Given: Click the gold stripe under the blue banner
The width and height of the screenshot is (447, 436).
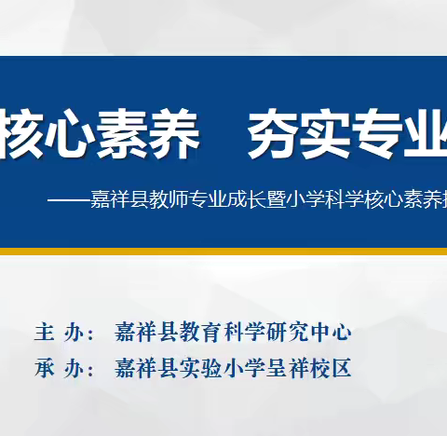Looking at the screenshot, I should pyautogui.click(x=223, y=251).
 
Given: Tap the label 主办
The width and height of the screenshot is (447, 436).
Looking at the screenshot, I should pyautogui.click(x=57, y=333).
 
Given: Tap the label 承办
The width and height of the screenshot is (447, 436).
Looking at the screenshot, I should pyautogui.click(x=57, y=369).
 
